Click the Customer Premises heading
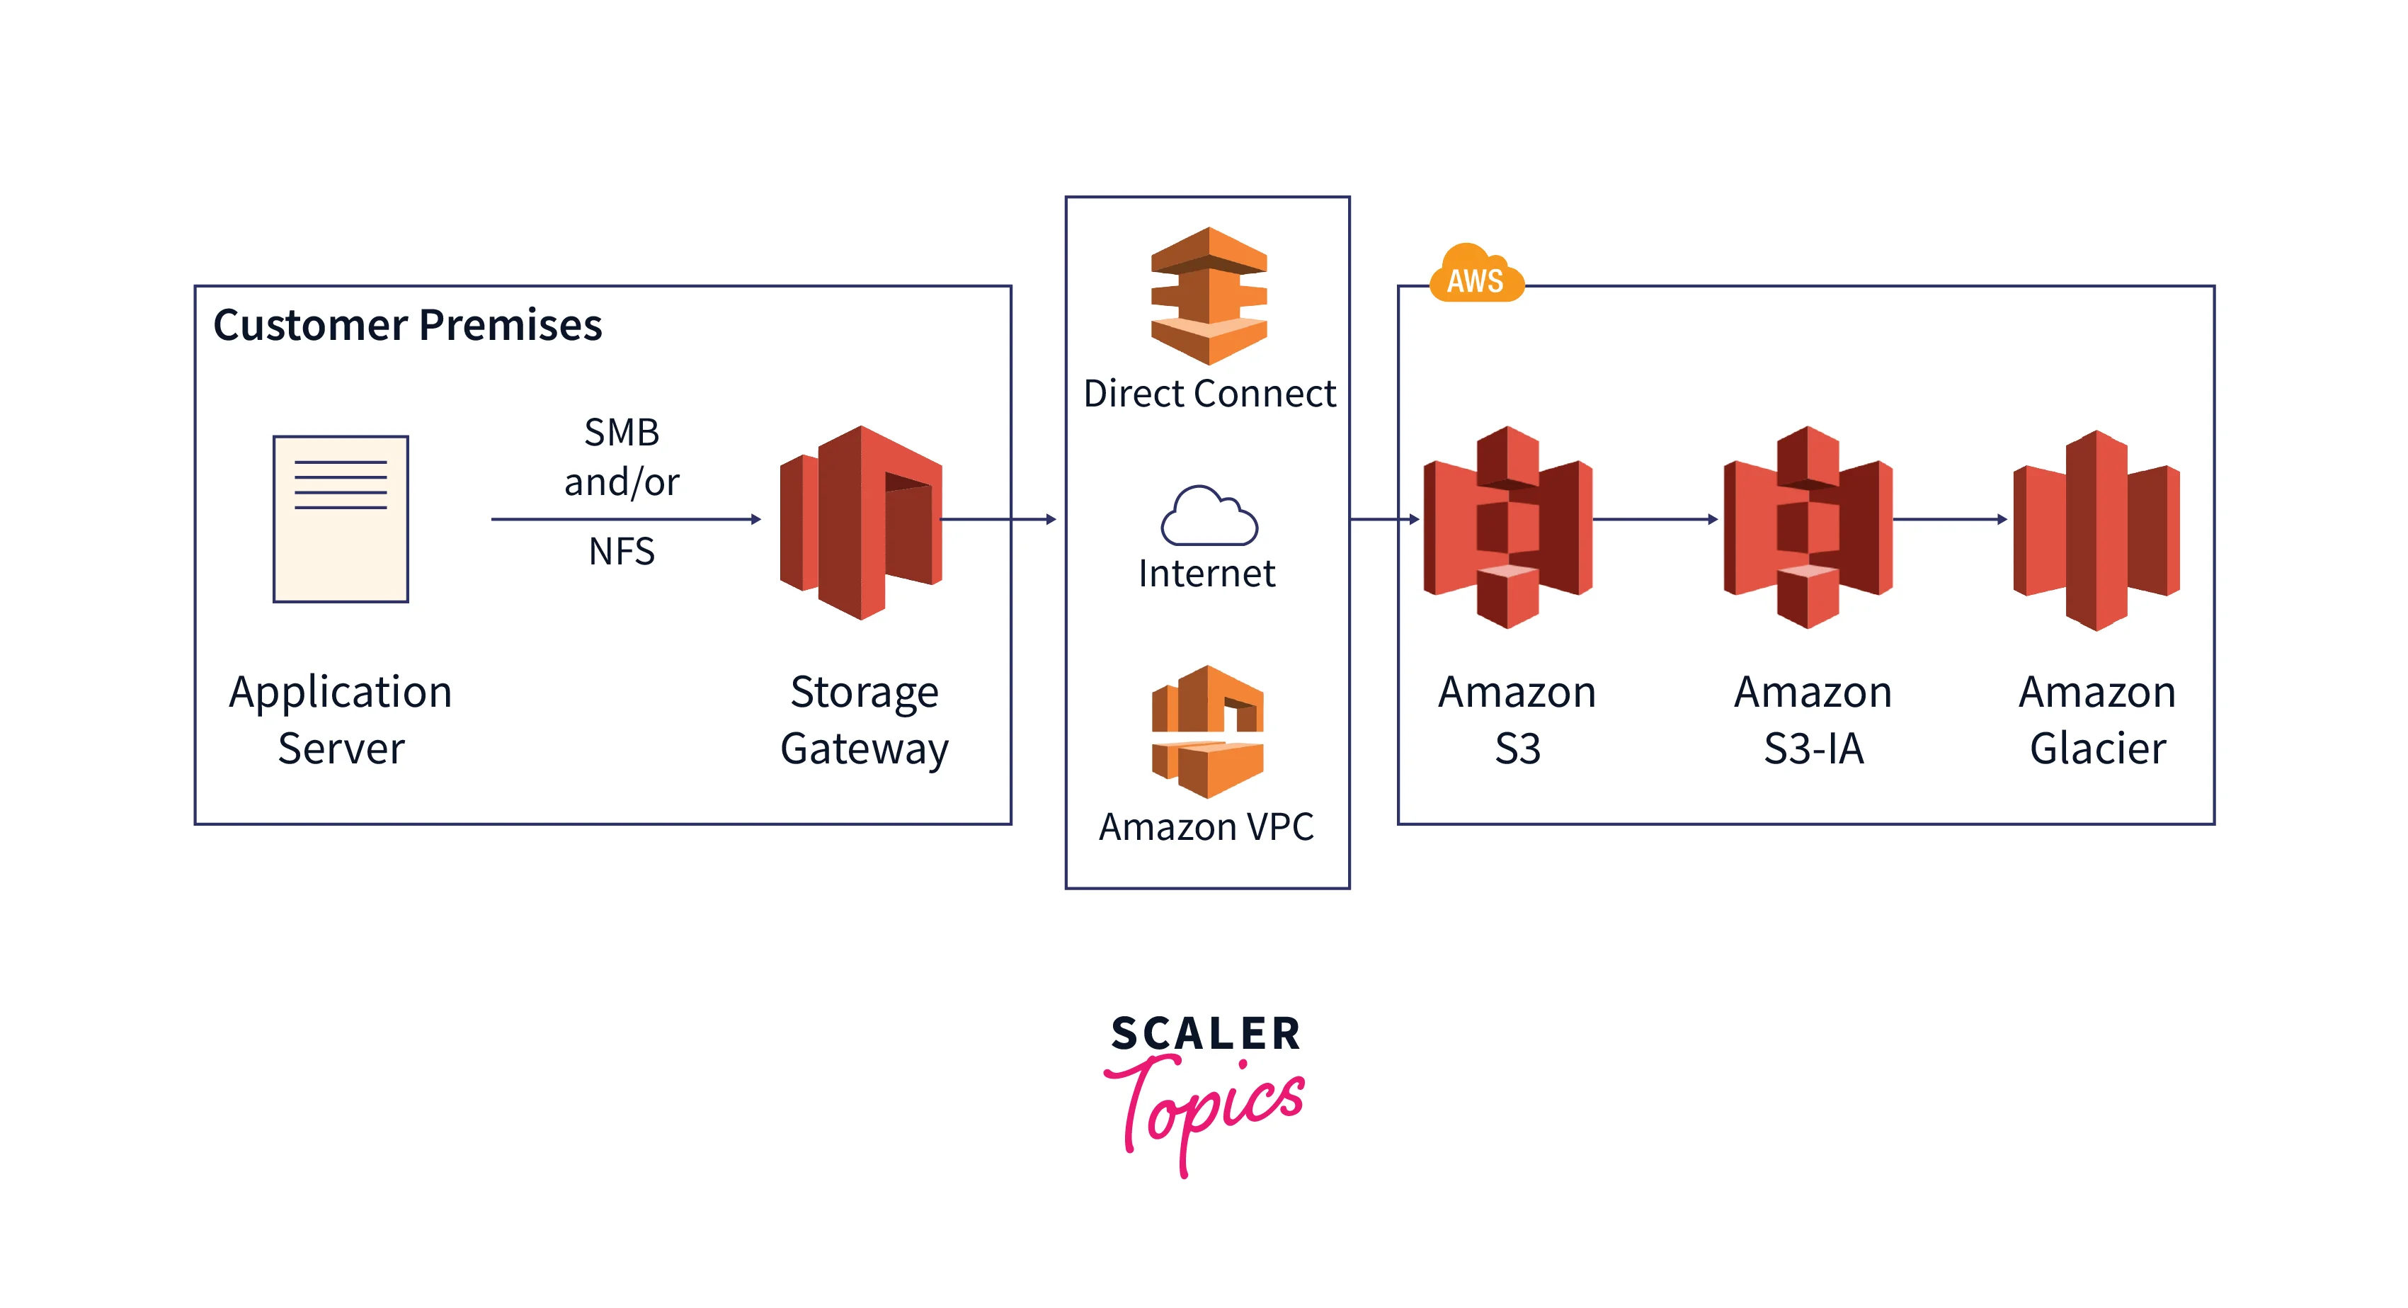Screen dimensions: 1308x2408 click(x=408, y=325)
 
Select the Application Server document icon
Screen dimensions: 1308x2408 click(x=341, y=519)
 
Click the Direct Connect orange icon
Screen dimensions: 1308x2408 click(x=1209, y=295)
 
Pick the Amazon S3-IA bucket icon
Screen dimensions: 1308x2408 click(x=1808, y=526)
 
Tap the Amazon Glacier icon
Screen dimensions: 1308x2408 click(x=2096, y=530)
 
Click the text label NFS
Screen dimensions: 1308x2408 click(x=622, y=552)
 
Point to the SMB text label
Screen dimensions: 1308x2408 click(x=622, y=433)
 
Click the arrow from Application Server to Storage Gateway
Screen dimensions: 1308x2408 click(x=625, y=519)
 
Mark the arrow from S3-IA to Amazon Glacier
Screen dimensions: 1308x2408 click(x=1950, y=519)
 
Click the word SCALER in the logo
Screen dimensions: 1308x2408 click(x=1206, y=1034)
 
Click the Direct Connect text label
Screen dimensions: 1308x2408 click(x=1209, y=394)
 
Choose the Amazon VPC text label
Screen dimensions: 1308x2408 click(x=1206, y=827)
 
